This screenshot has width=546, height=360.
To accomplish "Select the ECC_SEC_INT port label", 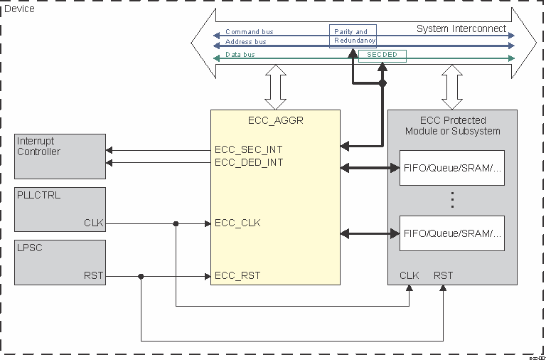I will click(x=249, y=150).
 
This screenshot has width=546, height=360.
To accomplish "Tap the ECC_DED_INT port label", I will click(x=249, y=162).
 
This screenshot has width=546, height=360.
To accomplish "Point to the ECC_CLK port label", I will click(x=237, y=223).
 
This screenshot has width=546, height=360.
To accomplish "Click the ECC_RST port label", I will click(x=237, y=276).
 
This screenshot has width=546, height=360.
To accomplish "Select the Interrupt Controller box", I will click(x=60, y=156).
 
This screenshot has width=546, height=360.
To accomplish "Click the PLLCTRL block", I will click(x=60, y=209).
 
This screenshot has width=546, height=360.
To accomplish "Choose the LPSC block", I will click(x=60, y=263).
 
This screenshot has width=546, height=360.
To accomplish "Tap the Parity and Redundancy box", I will click(x=353, y=36).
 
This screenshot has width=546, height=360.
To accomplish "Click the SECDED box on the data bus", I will click(x=382, y=55).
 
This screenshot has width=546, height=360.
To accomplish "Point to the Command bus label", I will click(x=249, y=32).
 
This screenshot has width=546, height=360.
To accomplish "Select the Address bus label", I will click(x=246, y=42).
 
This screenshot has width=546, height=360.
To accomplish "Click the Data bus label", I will click(x=240, y=54).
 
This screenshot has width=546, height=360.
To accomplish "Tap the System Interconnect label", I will click(x=461, y=29).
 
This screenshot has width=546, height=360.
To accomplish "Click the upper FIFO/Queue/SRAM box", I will click(x=451, y=168).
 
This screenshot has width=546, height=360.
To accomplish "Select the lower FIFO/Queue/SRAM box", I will click(x=451, y=233).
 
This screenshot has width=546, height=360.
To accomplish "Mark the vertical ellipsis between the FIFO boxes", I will click(x=451, y=200).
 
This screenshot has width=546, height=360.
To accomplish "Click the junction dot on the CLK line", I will click(x=176, y=223).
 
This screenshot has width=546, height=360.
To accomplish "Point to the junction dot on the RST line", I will click(x=141, y=277).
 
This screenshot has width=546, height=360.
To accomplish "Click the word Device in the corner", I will click(x=19, y=8).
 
